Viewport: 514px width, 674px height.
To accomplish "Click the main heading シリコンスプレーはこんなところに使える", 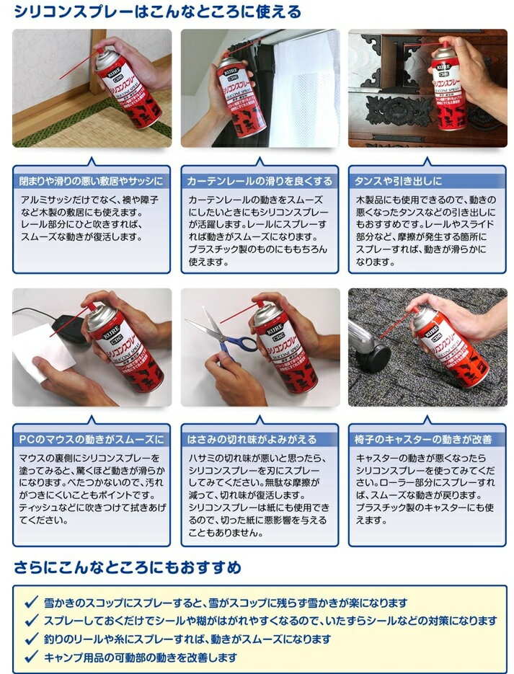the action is click(x=158, y=12).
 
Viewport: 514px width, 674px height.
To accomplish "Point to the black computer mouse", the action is click(x=71, y=329).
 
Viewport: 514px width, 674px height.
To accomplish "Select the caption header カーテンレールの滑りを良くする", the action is click(x=260, y=181).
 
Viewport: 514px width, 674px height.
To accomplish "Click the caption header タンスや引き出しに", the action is click(x=398, y=181).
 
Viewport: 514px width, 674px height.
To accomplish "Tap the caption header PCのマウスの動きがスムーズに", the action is click(x=91, y=439).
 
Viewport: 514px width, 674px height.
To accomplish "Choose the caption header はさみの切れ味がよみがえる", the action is click(x=252, y=439).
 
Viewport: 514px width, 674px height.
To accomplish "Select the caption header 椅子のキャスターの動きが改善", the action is click(x=423, y=439).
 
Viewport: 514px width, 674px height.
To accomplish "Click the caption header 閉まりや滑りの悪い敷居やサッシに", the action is click(x=91, y=181).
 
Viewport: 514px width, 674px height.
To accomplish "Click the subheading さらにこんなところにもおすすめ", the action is click(x=127, y=567).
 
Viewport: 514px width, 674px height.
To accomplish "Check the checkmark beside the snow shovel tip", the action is click(x=32, y=603).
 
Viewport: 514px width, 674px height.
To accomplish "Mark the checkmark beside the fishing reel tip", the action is click(x=32, y=639).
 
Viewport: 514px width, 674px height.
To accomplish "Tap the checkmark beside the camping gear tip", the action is click(x=32, y=657).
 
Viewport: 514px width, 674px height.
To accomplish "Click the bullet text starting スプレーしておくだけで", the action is click(x=270, y=621).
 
